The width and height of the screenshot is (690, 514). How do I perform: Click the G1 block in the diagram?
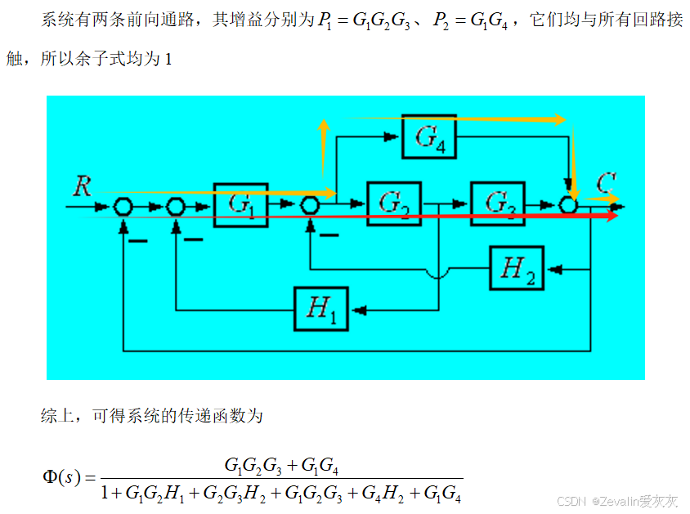pos(240,205)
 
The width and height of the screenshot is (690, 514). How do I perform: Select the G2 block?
pos(394,204)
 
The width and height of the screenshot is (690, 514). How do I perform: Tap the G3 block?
pos(498,204)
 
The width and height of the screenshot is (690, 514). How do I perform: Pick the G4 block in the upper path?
pos(429,136)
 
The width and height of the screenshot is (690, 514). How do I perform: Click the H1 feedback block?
pos(320,309)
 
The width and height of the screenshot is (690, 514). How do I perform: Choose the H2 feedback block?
pos(517,268)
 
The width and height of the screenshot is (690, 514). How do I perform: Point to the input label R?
pos(83,186)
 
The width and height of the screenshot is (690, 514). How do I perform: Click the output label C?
pos(606,183)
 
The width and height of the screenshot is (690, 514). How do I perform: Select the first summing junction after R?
pos(123,206)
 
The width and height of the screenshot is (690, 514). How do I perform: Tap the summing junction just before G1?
pos(176,206)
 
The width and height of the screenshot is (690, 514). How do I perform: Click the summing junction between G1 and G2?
pos(310,205)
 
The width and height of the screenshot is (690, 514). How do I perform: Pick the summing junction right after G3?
pos(568,205)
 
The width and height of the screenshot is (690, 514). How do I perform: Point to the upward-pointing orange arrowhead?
pos(324,125)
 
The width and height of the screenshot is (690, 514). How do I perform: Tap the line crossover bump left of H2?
pos(438,274)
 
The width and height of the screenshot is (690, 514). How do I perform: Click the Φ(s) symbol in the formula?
pos(61,477)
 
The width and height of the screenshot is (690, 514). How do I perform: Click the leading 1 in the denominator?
pos(105,493)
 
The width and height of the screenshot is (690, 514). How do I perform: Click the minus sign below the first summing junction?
pos(137,241)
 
